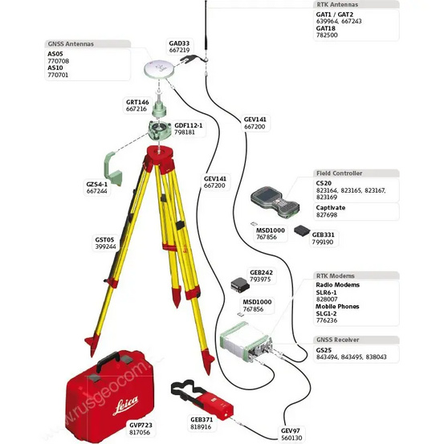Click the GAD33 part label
(x=179, y=43)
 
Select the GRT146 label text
(x=137, y=103)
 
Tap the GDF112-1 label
(x=189, y=125)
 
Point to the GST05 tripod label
(x=105, y=240)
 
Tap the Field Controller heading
(x=340, y=173)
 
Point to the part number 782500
(x=328, y=35)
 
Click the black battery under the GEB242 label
(x=238, y=285)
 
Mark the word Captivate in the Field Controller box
(x=332, y=207)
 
